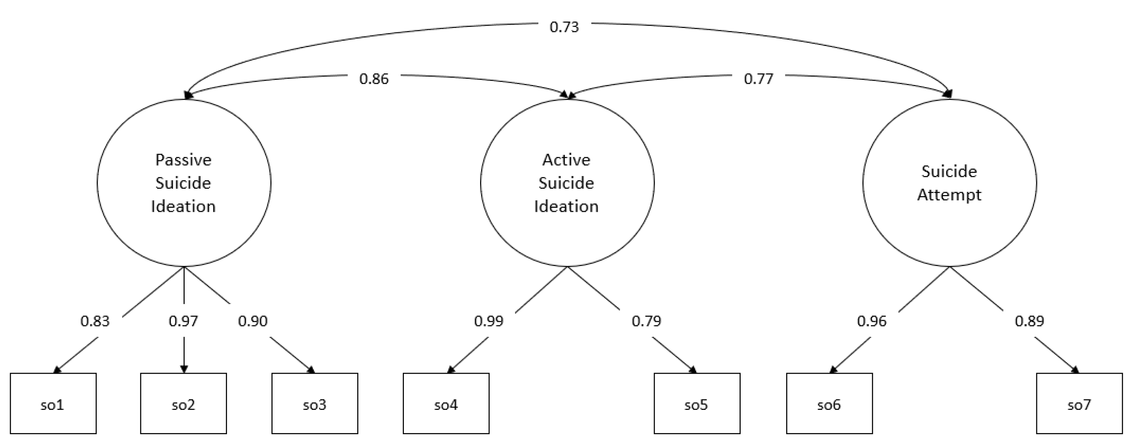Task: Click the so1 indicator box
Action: point(53,403)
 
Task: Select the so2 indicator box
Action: point(183,403)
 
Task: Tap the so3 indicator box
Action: point(315,403)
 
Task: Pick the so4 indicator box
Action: point(446,403)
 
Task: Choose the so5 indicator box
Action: point(697,403)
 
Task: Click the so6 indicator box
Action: point(829,403)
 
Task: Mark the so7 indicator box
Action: point(1079,403)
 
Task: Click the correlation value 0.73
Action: point(564,27)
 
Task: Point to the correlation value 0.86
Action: point(374,79)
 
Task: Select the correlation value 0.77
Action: point(759,79)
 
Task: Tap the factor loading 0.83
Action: point(95,321)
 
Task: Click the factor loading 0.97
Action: point(183,321)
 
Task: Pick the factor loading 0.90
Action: point(253,321)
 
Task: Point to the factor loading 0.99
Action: point(489,321)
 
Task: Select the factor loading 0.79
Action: point(646,321)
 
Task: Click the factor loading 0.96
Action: point(872,321)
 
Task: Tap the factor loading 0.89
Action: point(1029,321)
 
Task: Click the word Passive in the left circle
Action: point(183,160)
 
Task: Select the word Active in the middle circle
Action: point(566,160)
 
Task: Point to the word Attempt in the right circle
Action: point(949,195)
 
